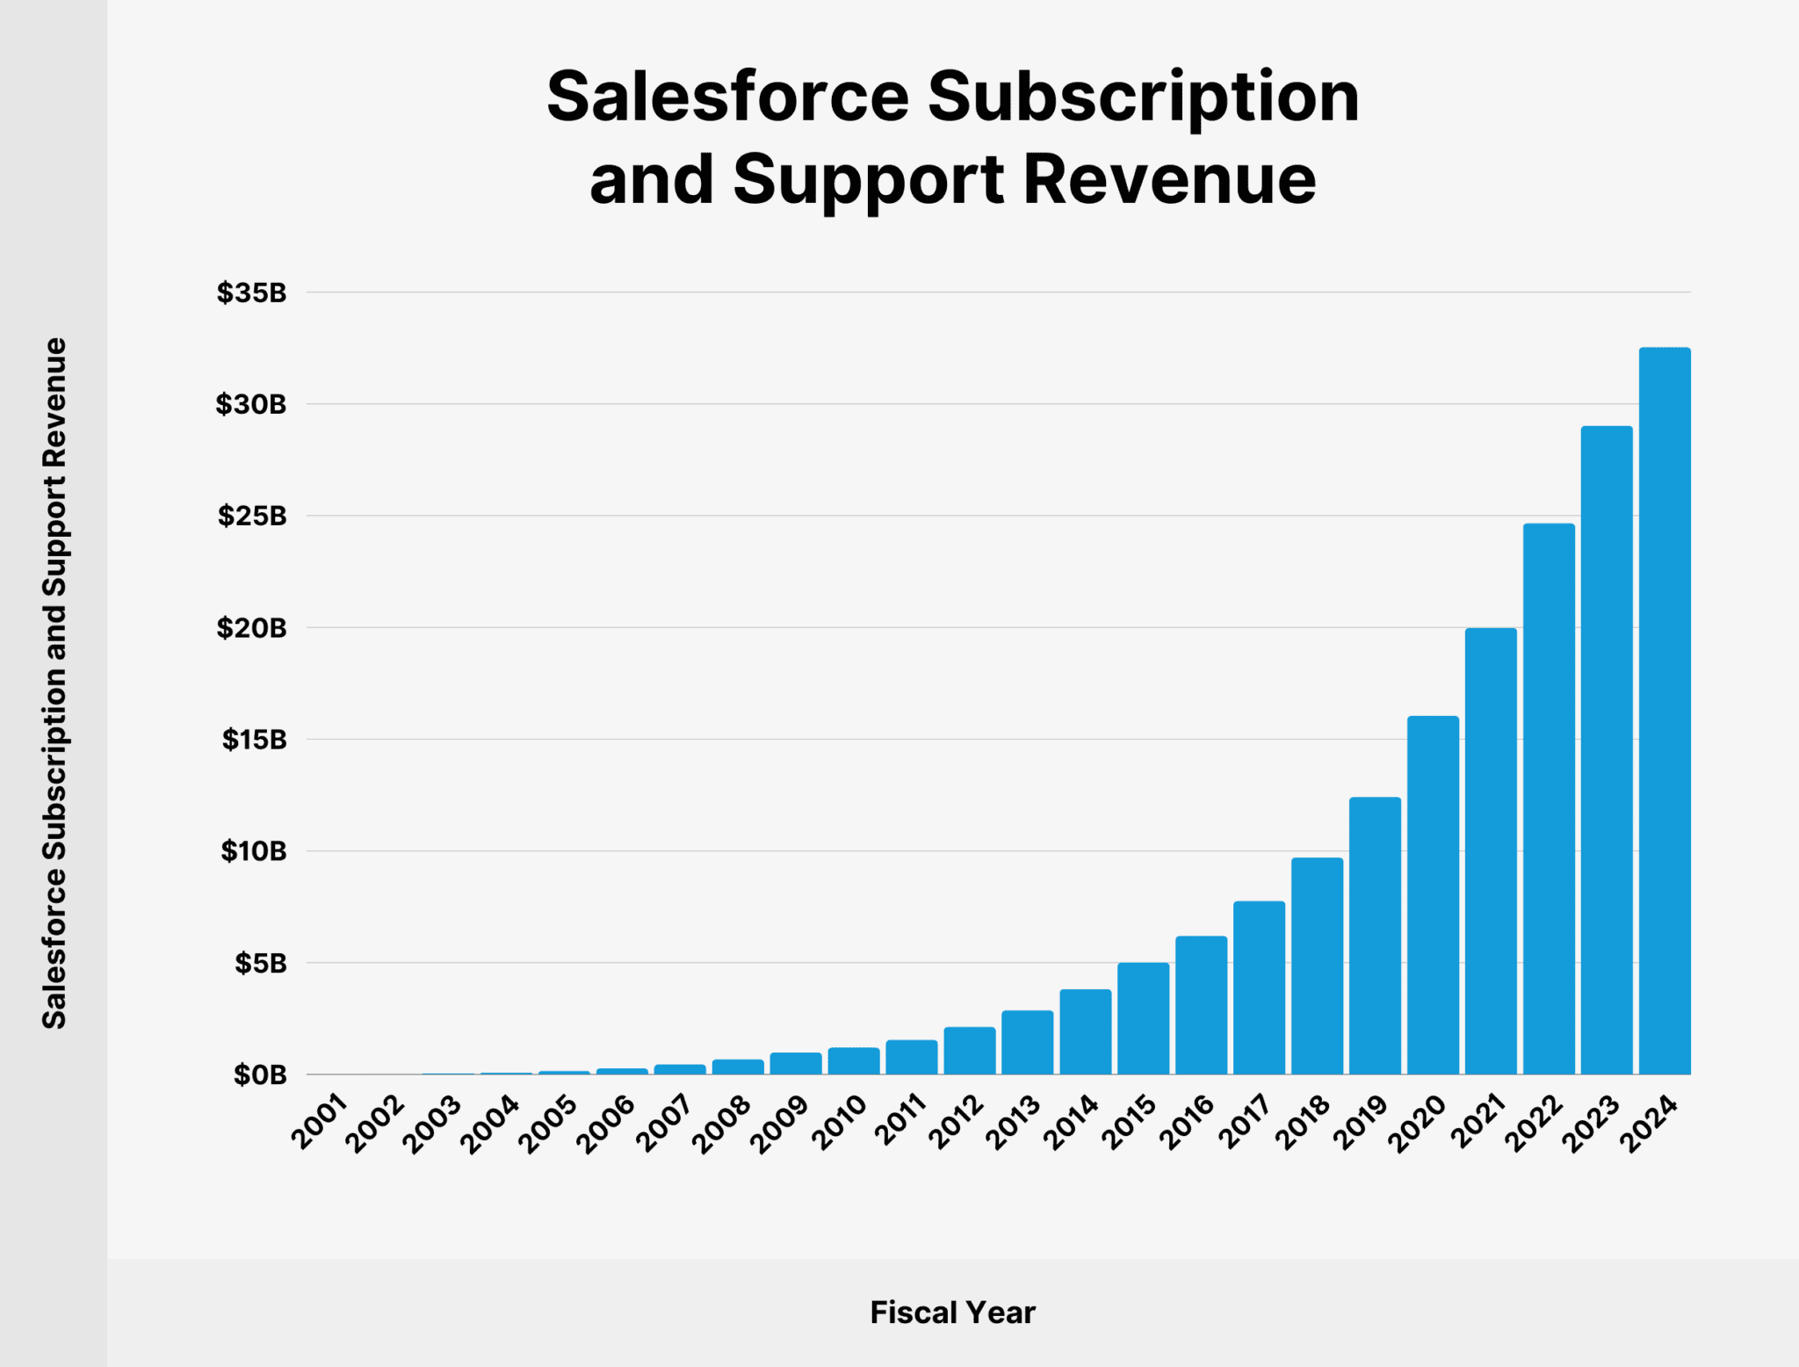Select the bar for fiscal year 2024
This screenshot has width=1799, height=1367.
(1665, 712)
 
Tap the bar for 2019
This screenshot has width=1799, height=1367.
(1375, 936)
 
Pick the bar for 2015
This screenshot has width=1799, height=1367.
(1143, 1018)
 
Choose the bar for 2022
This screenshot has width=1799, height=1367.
(1549, 799)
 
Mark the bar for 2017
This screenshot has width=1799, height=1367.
(1259, 987)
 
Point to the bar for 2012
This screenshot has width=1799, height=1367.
(970, 1051)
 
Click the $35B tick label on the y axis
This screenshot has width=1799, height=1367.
(252, 293)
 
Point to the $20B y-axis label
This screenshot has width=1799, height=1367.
(252, 628)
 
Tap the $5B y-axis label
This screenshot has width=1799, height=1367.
(260, 964)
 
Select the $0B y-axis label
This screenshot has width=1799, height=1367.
(260, 1075)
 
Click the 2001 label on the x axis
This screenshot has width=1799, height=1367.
(320, 1123)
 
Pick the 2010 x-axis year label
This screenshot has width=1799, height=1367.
(839, 1123)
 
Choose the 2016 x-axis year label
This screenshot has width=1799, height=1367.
(1186, 1123)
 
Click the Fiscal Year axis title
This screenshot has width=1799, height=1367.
(952, 1313)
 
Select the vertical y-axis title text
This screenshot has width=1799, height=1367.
(54, 683)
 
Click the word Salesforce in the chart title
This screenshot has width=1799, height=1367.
(727, 97)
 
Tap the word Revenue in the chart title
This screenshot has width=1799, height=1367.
(1170, 180)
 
